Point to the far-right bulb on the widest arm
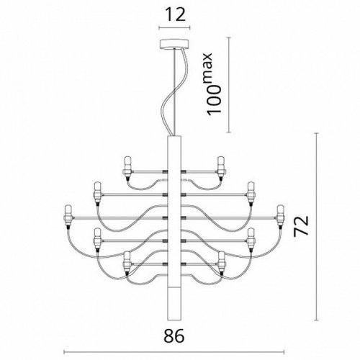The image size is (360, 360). [x=281, y=212]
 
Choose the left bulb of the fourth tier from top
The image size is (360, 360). [x=96, y=236]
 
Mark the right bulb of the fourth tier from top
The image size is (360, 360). [x=251, y=236]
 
